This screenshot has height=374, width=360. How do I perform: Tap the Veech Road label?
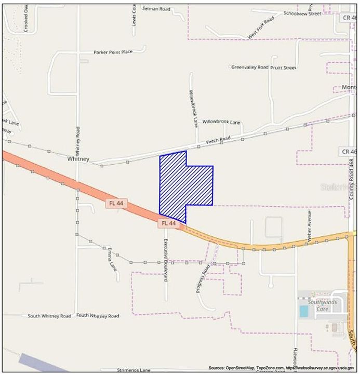click(x=218, y=139)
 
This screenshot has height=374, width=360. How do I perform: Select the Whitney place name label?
click(x=78, y=159)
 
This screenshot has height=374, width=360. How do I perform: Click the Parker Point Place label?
click(x=113, y=52)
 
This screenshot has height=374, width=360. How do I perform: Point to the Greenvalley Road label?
click(x=250, y=67)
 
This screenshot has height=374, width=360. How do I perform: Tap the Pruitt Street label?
click(x=283, y=67)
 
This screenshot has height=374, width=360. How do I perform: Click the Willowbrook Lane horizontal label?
click(x=221, y=122)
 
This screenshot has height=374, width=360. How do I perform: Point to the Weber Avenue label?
click(x=309, y=223)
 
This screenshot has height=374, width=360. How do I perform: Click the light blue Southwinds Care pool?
click(x=303, y=312)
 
